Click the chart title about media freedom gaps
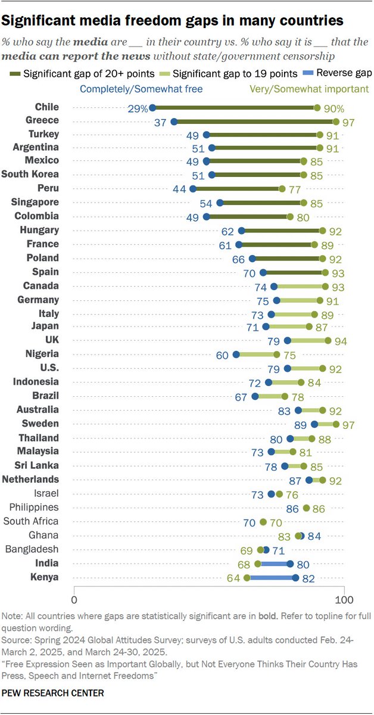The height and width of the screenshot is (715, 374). coord(173,21)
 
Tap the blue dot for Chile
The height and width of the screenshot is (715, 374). coord(152,108)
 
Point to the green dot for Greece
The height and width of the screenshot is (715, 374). coord(336,122)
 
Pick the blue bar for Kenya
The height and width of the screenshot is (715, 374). coord(271,577)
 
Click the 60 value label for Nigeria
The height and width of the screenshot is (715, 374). coord(222,355)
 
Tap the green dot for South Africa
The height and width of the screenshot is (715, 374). coord(263,522)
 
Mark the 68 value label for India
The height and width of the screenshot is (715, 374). coord(244,564)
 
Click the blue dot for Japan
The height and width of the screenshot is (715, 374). coord(266,327)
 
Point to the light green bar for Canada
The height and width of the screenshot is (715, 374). coord(300,287)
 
